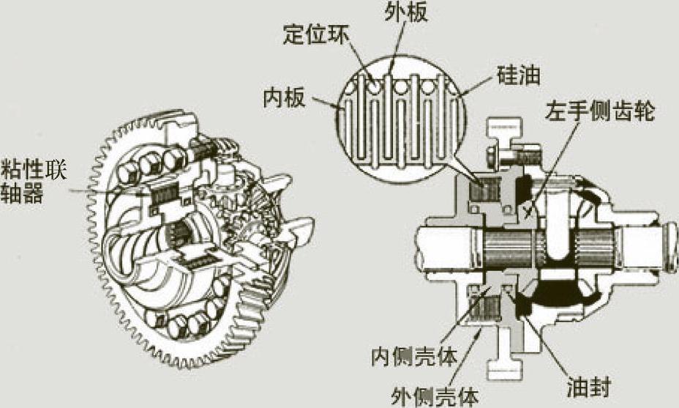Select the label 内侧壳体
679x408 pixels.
[415, 357]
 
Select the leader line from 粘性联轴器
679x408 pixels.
[102, 191]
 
